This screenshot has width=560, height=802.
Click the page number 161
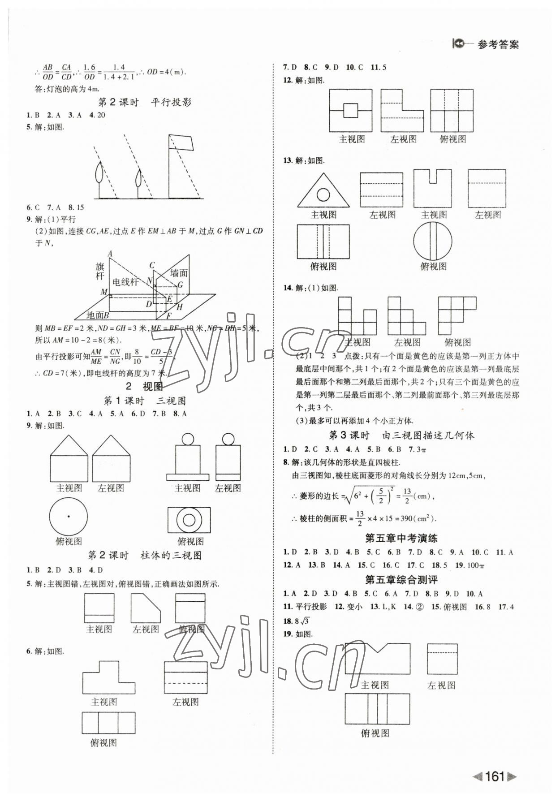tap(494, 776)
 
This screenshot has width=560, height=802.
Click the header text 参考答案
tap(498, 45)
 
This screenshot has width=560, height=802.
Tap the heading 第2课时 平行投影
tap(144, 102)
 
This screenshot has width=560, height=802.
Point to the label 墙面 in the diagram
tap(178, 273)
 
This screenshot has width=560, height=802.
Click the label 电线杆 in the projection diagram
tap(125, 282)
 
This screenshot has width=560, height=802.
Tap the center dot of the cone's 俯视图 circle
tap(69, 516)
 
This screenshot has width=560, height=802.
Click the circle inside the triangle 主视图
tap(323, 194)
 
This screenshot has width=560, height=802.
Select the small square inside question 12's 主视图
tap(350, 110)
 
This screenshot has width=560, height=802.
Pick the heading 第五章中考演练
tap(401, 538)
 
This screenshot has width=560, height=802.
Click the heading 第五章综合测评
tap(401, 580)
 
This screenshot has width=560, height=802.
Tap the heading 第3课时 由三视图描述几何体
tap(401, 435)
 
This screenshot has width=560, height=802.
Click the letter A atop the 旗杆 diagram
tap(110, 254)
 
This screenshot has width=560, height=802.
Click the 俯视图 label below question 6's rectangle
tap(103, 742)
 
